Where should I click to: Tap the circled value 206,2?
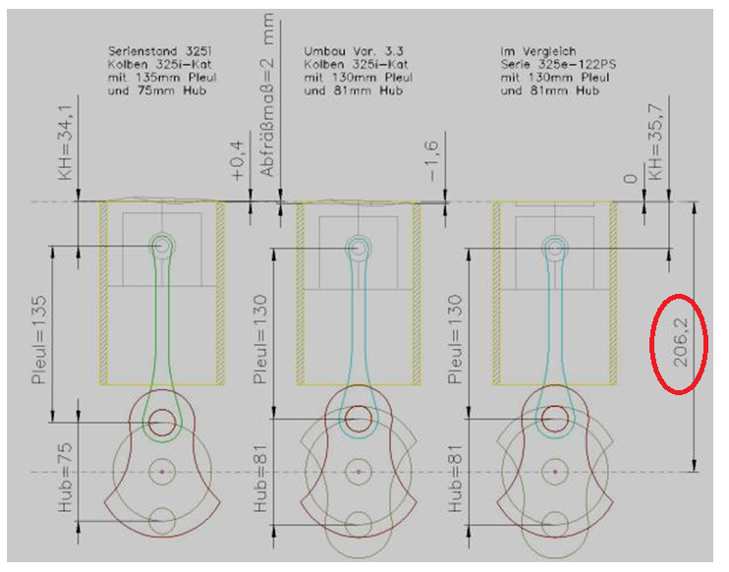(x=680, y=344)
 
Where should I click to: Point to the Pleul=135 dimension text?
(x=39, y=339)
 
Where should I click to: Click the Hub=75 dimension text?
(x=65, y=478)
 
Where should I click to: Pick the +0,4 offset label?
(x=237, y=161)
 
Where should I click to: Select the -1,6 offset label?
(x=432, y=161)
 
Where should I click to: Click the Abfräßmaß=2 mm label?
(x=267, y=95)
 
